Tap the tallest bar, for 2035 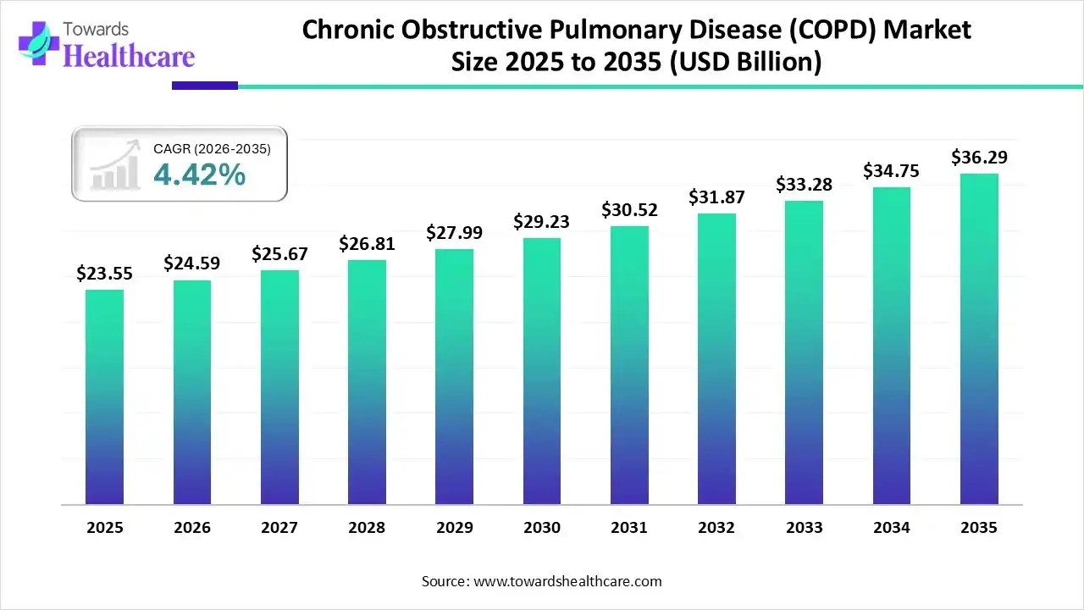[x=979, y=339]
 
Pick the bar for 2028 [x=367, y=382]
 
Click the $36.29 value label [x=979, y=158]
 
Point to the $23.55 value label [x=104, y=274]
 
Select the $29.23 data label [x=541, y=222]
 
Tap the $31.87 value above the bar [x=716, y=197]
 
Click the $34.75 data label [x=892, y=171]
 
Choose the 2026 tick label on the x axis [x=191, y=528]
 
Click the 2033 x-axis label [x=804, y=528]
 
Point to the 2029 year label [x=454, y=528]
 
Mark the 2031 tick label [x=629, y=528]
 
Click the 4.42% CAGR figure [x=200, y=175]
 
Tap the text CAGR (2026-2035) [x=212, y=149]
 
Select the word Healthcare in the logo [x=130, y=56]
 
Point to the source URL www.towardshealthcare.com [x=566, y=581]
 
